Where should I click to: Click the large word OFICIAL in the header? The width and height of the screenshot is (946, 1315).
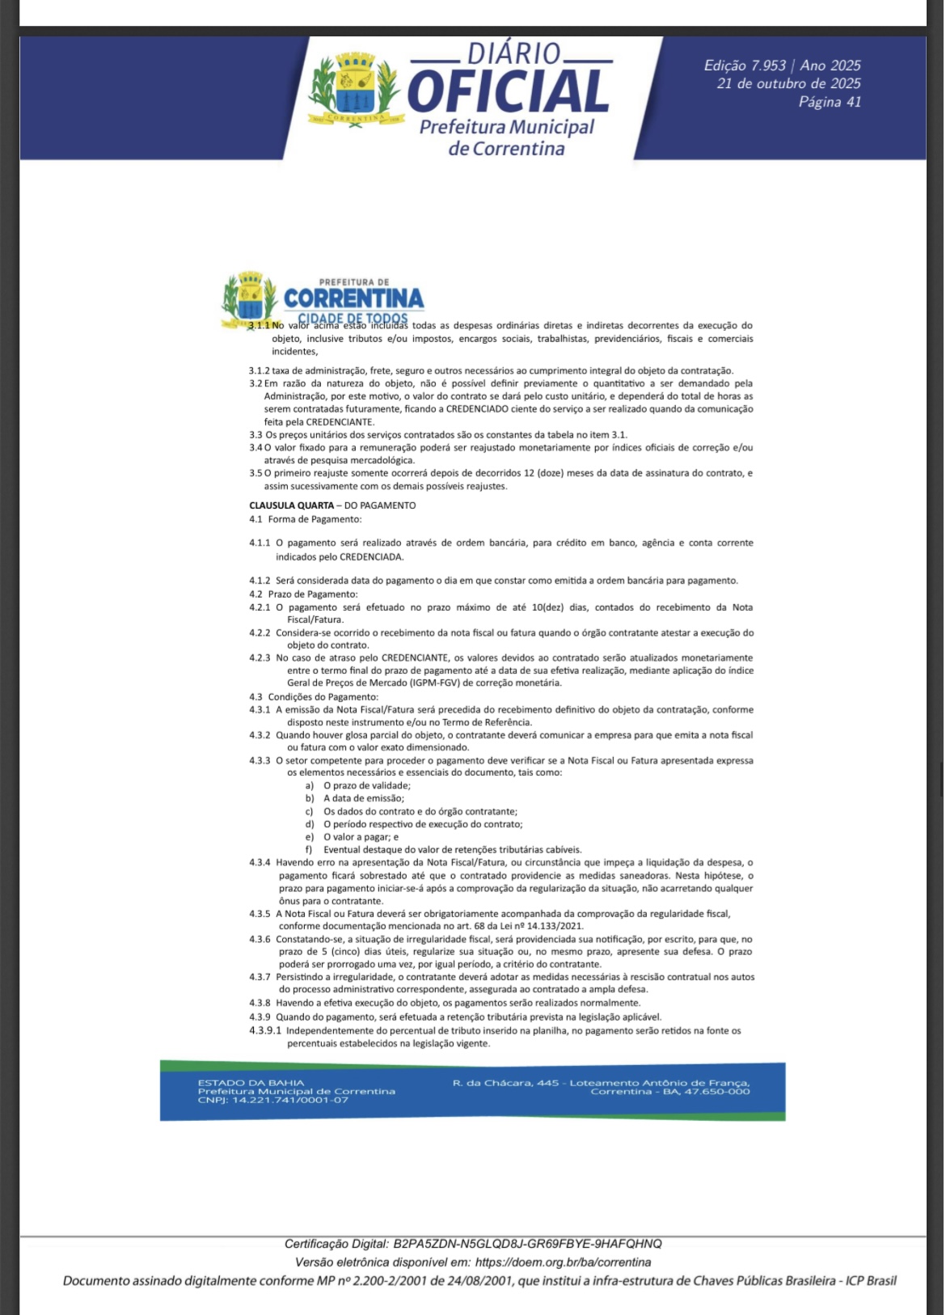coord(508,91)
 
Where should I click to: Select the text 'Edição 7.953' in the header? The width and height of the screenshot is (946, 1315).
coord(745,66)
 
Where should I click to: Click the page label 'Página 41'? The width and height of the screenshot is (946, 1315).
coord(830,102)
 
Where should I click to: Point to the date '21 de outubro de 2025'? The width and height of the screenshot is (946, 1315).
coord(788,83)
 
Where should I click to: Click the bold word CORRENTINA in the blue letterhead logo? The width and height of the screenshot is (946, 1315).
coord(353,298)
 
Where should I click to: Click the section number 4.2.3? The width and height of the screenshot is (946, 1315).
coord(260,658)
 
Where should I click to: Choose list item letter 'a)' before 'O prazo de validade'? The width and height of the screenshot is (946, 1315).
coord(310,786)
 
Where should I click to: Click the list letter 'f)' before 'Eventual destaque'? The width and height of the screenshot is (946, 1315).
coord(309,850)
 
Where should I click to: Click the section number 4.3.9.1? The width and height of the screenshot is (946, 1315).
coord(265,1031)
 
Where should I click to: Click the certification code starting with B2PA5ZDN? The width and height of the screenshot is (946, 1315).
coord(527,1244)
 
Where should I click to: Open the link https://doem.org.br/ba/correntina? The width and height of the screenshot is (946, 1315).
coord(563,1262)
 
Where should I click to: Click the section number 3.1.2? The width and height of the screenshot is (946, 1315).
coord(259,371)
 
